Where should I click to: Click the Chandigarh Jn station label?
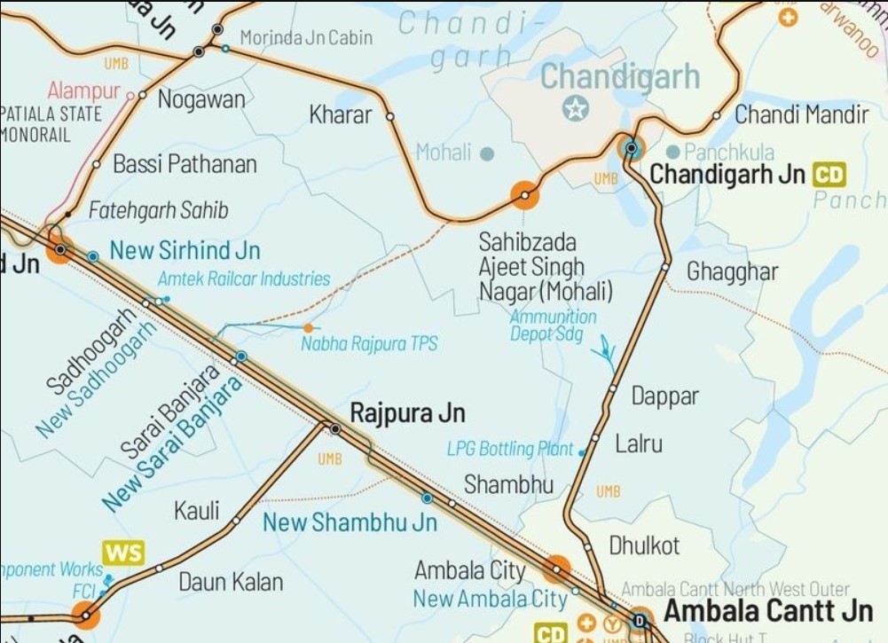click(x=727, y=175)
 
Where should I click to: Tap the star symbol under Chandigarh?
click(x=576, y=108)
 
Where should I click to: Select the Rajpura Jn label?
click(x=406, y=413)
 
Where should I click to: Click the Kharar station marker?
click(x=389, y=116)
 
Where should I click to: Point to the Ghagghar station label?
click(x=732, y=272)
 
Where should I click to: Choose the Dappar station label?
click(x=664, y=396)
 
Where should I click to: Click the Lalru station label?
click(x=639, y=443)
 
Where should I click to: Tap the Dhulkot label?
click(x=644, y=545)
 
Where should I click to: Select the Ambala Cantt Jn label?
click(x=768, y=611)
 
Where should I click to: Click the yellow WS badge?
click(x=123, y=553)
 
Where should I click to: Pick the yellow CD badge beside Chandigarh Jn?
click(x=829, y=175)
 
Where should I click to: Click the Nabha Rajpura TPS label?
click(x=369, y=343)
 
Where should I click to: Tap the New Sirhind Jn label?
click(x=185, y=250)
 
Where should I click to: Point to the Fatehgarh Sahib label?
click(x=158, y=210)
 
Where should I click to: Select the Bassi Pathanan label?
click(x=185, y=164)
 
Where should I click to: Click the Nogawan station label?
click(x=200, y=99)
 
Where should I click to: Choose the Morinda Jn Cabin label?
click(x=306, y=38)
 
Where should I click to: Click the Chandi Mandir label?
click(x=802, y=114)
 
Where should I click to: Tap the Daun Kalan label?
click(x=231, y=582)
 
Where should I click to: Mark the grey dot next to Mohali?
click(x=486, y=154)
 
